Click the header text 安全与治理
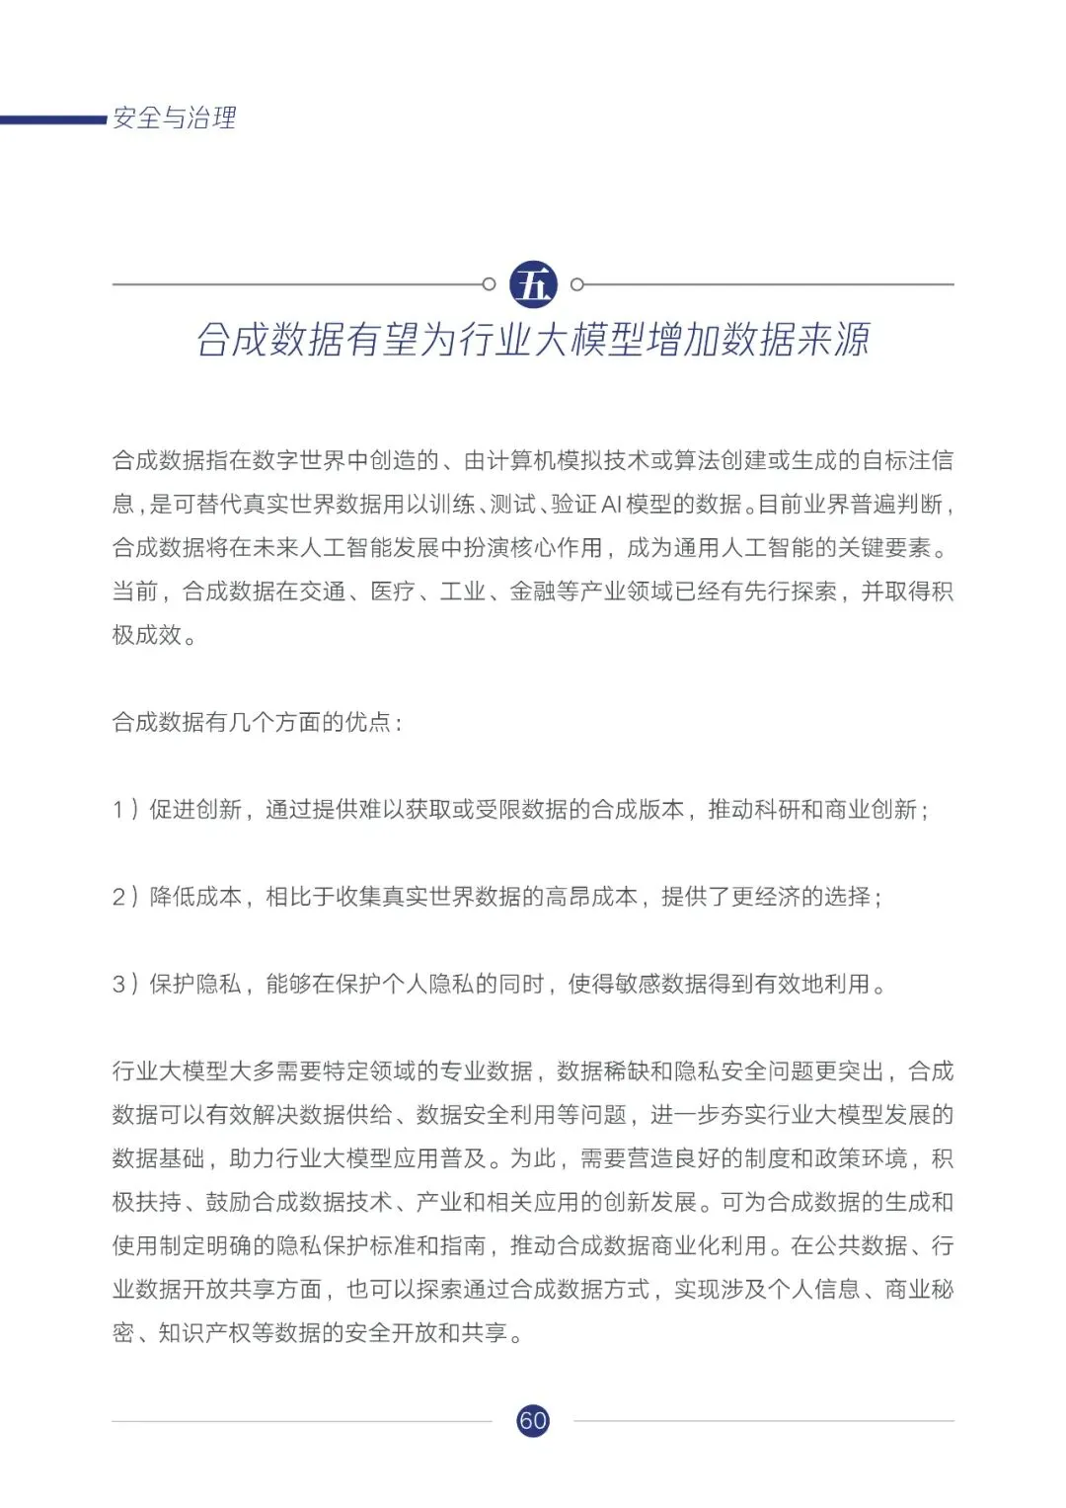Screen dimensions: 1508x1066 coord(175,119)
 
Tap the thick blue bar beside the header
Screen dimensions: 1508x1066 coord(53,120)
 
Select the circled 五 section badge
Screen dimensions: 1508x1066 coord(533,284)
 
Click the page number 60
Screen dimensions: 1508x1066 coord(533,1420)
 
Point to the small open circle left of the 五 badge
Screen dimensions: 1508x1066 coord(489,284)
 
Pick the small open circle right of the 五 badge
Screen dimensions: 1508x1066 coord(577,284)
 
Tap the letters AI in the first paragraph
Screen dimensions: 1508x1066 coord(611,504)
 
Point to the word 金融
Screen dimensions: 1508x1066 coord(533,591)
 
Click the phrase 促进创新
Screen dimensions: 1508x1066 coord(195,810)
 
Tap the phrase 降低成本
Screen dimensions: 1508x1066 coord(195,897)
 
